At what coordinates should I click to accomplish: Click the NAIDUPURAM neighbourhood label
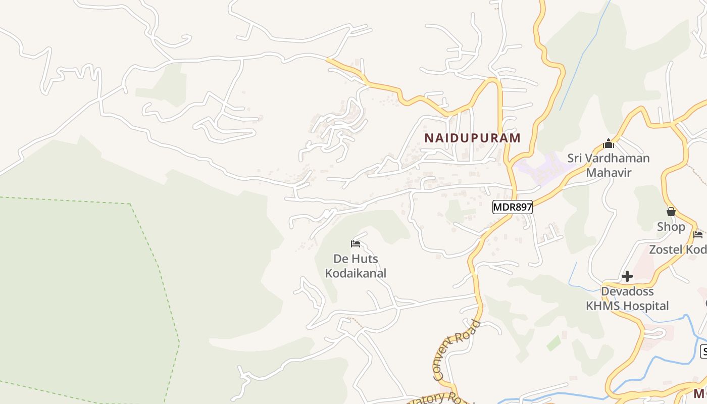(472, 138)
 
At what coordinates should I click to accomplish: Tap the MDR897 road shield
(513, 207)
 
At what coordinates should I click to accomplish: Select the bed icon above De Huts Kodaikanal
(356, 244)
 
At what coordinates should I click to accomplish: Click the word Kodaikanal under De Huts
(356, 273)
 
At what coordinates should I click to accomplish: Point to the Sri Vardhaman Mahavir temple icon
(608, 143)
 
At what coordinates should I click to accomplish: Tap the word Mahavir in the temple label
(608, 172)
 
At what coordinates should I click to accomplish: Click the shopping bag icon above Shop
(671, 212)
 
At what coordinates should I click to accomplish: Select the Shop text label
(671, 227)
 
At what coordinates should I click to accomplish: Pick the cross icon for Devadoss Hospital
(627, 276)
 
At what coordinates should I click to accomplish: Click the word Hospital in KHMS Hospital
(645, 306)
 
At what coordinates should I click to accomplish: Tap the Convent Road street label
(456, 349)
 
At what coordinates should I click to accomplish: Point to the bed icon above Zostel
(698, 235)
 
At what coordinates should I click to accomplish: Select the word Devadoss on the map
(627, 291)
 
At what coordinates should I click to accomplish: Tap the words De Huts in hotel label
(356, 259)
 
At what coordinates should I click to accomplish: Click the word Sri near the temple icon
(575, 158)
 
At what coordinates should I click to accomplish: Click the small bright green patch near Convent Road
(553, 343)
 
